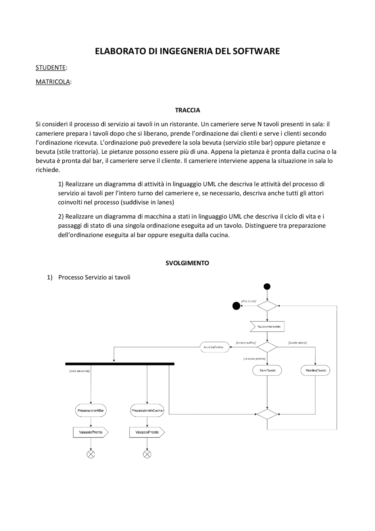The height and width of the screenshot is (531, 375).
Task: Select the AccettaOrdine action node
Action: click(x=214, y=347)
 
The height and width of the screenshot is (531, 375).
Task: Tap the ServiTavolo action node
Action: click(x=267, y=370)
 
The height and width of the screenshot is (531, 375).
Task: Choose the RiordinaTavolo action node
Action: click(x=316, y=370)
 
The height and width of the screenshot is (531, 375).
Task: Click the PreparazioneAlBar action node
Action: click(x=91, y=410)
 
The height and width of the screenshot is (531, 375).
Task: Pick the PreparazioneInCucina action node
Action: click(x=147, y=410)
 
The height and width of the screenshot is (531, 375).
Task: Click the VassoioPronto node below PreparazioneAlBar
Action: click(x=91, y=432)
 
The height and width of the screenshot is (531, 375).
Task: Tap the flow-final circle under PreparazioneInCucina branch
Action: click(x=147, y=454)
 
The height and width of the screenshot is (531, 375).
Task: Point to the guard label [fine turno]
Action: click(x=249, y=301)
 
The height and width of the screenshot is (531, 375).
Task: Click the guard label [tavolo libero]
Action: click(x=297, y=342)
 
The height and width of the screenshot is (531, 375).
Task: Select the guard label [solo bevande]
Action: click(x=79, y=371)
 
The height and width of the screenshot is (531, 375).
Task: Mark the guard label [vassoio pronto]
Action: click(x=254, y=359)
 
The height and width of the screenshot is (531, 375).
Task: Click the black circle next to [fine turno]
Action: click(x=236, y=306)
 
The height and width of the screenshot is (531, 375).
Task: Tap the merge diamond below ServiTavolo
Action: click(x=267, y=414)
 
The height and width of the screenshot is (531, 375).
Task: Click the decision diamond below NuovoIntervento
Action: click(x=267, y=347)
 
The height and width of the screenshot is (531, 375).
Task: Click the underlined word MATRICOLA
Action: click(x=53, y=82)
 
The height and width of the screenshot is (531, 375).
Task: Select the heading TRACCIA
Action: click(x=187, y=110)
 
